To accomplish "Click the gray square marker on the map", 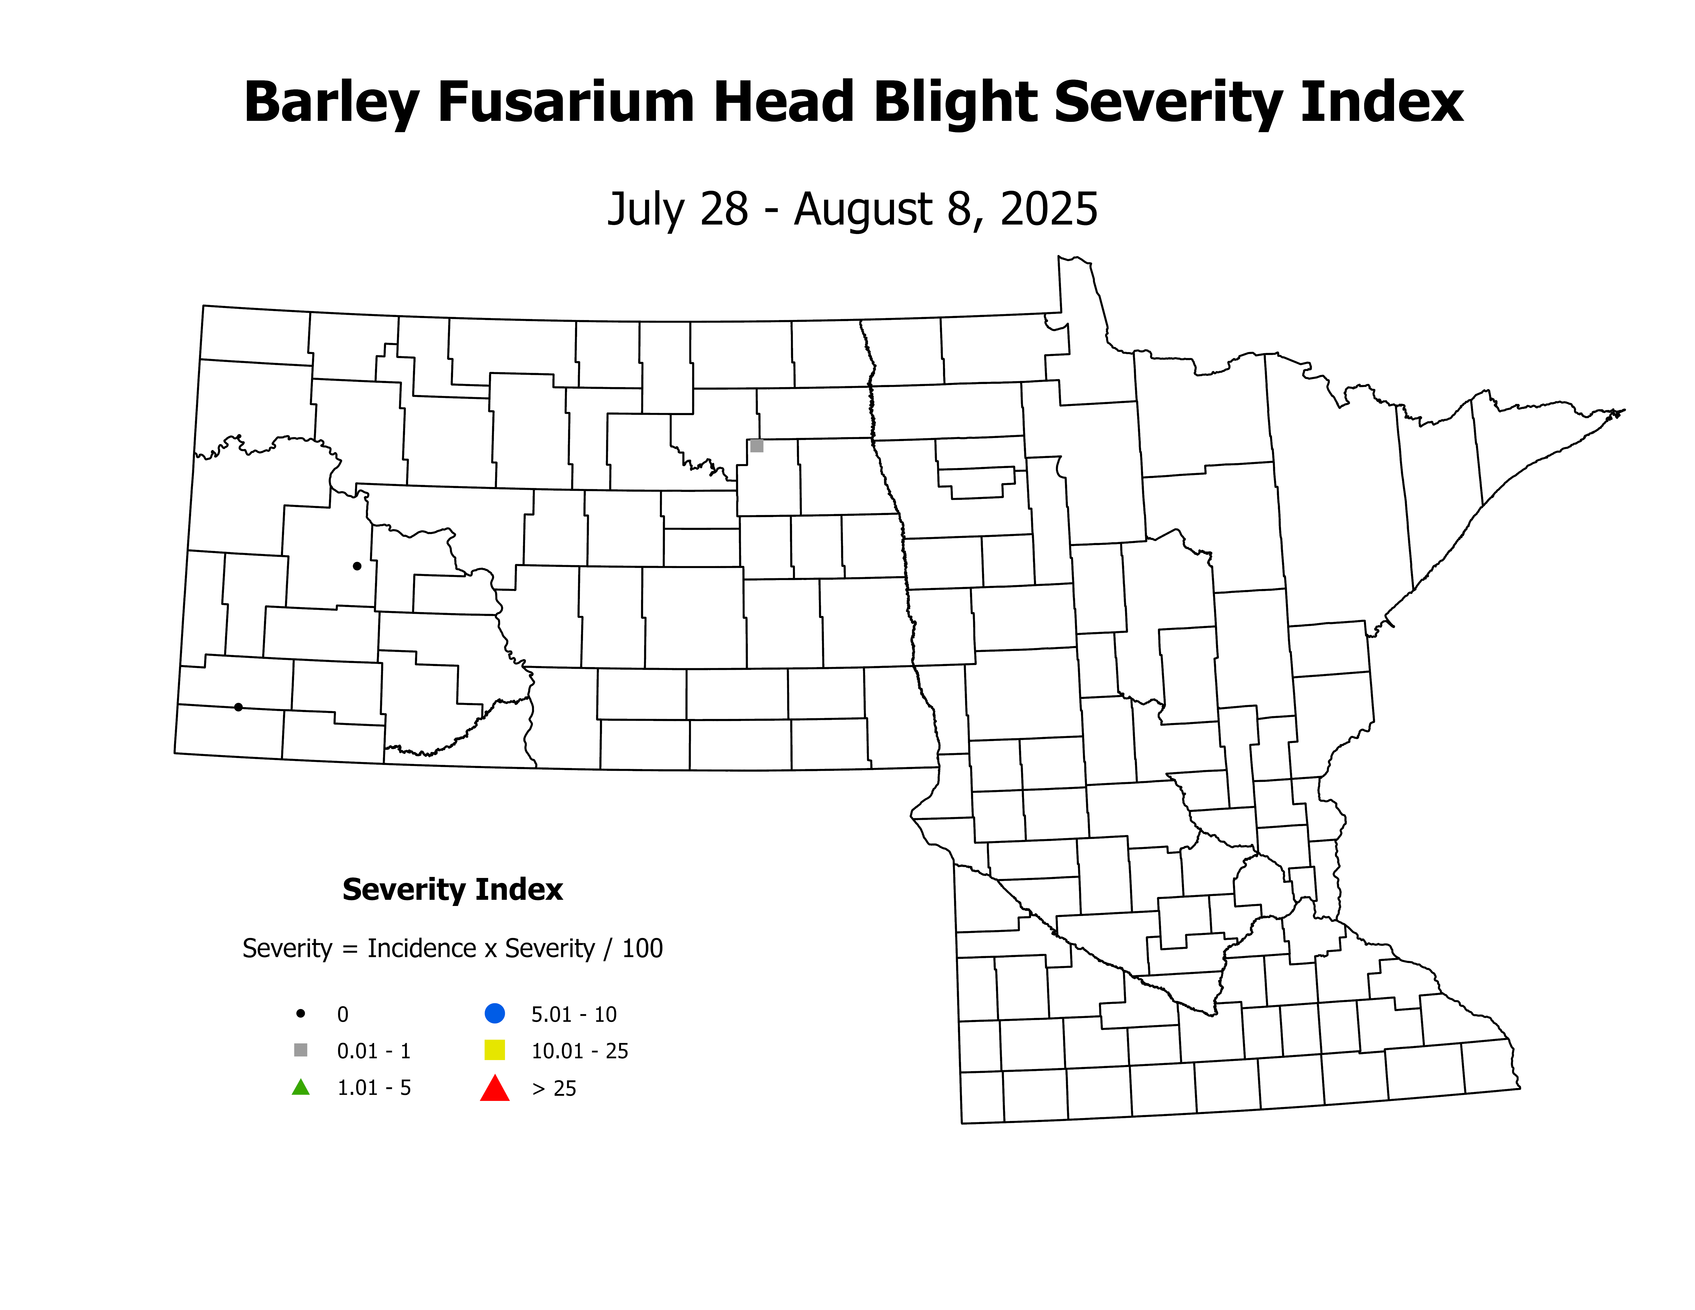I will (x=757, y=445).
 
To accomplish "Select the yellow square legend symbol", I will (x=494, y=1050).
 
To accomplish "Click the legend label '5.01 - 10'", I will (x=573, y=1014).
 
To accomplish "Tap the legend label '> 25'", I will (x=554, y=1089).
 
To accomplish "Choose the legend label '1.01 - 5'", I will (x=373, y=1088).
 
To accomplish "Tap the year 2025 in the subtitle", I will (x=1049, y=210).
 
